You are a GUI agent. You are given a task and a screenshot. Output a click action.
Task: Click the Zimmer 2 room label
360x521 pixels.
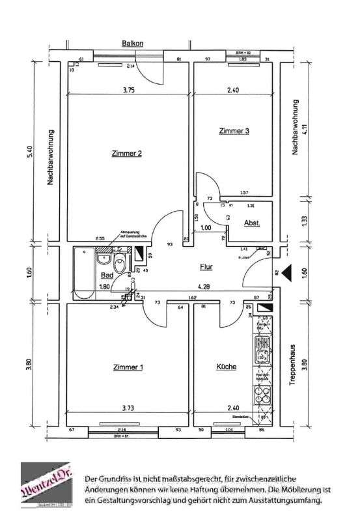[x=127, y=154]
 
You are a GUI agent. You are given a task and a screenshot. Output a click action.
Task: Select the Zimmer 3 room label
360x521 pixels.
[x=234, y=131]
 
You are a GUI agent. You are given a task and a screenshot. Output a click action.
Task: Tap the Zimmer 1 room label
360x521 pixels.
[x=127, y=367]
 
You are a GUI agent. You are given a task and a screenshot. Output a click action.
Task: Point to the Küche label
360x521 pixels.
[x=226, y=367]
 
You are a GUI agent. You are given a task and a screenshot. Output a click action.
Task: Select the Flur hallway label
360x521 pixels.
[x=207, y=266]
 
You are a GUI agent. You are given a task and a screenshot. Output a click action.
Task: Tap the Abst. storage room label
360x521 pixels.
[x=252, y=223]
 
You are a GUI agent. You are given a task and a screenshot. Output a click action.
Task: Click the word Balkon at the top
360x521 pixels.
[x=132, y=44]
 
